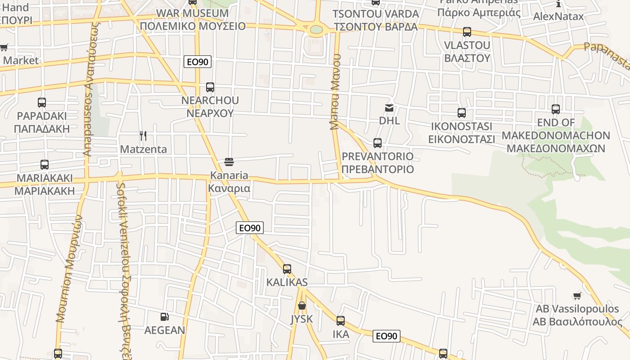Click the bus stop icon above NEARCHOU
[x=210, y=87]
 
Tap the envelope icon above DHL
[x=389, y=108]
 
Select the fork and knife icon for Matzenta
[x=143, y=136]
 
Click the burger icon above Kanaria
[x=229, y=162]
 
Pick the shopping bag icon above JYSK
[x=302, y=306]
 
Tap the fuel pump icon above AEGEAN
[x=165, y=317]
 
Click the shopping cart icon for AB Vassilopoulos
[x=577, y=296]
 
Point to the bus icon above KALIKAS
[x=287, y=269]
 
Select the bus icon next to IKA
[x=341, y=321]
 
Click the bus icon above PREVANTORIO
[x=378, y=143]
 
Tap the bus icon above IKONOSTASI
[x=462, y=113]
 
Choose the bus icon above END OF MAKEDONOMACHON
[x=556, y=109]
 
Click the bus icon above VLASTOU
[x=467, y=32]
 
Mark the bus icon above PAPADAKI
[x=42, y=103]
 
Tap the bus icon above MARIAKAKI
[x=45, y=165]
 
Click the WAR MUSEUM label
[x=193, y=13]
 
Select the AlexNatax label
[x=558, y=17]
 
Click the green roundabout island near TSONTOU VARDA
[x=317, y=29]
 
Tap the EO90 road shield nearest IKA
[x=387, y=336]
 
